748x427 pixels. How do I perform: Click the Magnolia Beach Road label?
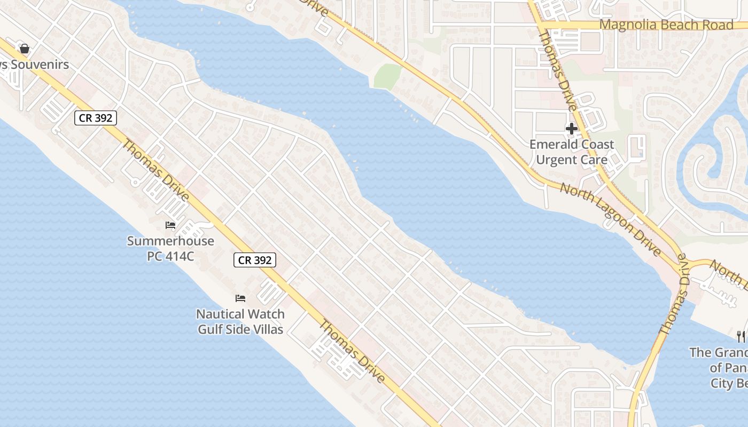666,25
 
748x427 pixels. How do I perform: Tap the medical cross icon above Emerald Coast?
572,128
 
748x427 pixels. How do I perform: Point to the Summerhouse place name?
170,241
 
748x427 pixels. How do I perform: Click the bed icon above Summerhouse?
170,225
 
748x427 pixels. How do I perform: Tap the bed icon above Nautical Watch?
240,298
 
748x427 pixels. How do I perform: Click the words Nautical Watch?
240,314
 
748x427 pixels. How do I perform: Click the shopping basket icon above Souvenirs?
24,49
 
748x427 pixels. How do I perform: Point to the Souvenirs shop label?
40,65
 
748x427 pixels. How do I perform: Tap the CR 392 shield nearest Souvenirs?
95,118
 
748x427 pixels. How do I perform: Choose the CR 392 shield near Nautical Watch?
255,260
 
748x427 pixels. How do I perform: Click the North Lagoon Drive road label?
610,219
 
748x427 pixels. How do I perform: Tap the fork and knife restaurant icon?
741,336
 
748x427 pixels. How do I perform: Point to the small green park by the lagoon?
387,76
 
